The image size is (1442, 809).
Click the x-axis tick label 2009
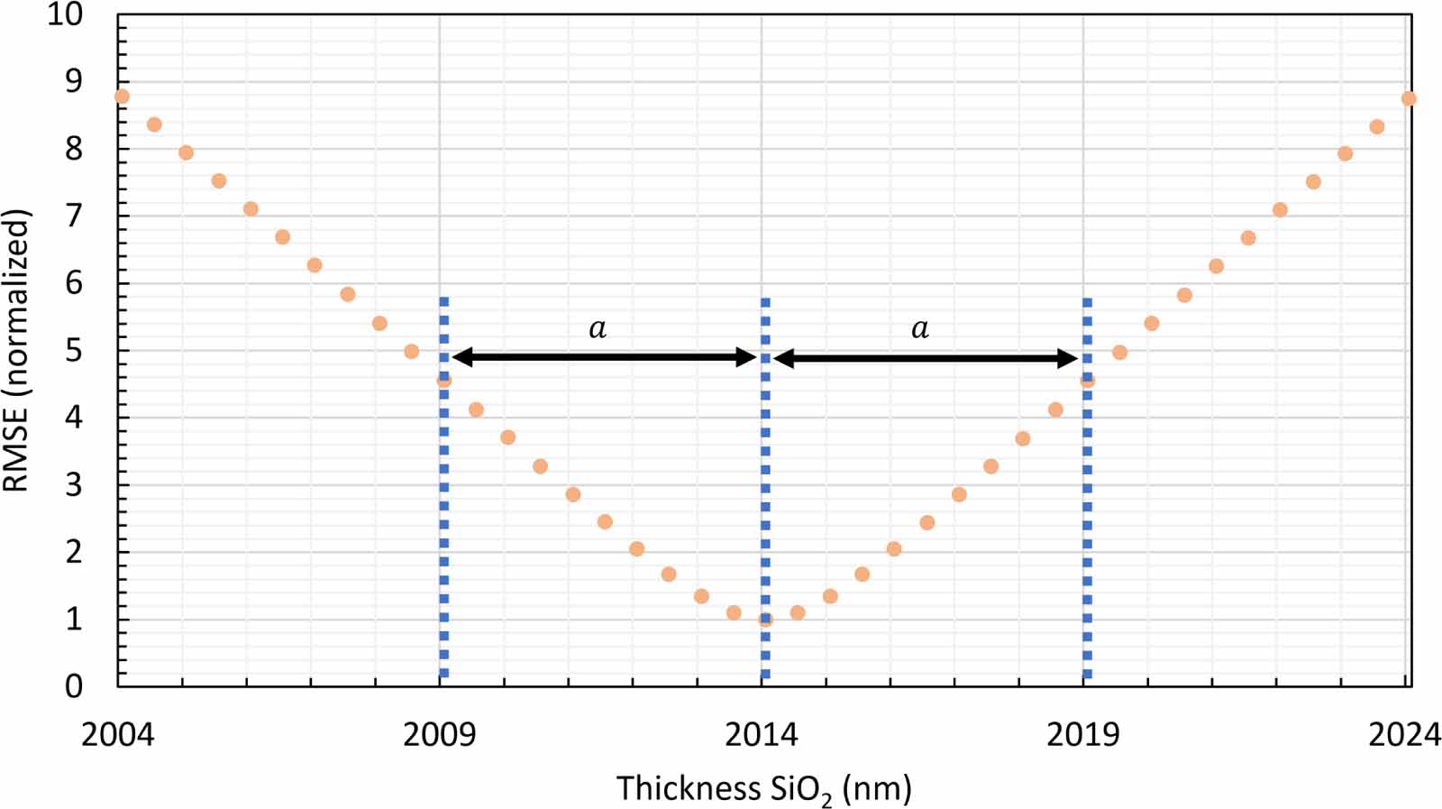point(439,735)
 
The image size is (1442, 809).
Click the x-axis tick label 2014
point(762,735)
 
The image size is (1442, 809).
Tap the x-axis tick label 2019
point(1082,735)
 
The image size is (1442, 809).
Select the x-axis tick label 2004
point(117,735)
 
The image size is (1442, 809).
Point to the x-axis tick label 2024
point(1404,735)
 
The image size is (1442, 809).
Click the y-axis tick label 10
point(64,14)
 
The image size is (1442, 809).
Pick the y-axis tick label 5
point(73,350)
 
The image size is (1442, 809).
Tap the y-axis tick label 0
point(73,685)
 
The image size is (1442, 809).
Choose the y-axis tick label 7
point(73,216)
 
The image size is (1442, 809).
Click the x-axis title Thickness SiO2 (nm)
point(763,788)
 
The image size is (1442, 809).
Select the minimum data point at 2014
point(765,620)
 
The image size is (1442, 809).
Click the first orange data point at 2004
point(122,97)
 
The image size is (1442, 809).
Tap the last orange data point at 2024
point(1409,98)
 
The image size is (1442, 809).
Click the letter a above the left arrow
point(598,328)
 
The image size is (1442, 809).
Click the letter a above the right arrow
point(919,328)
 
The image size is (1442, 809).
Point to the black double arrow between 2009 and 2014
point(604,358)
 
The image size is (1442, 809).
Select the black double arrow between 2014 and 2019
point(926,359)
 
